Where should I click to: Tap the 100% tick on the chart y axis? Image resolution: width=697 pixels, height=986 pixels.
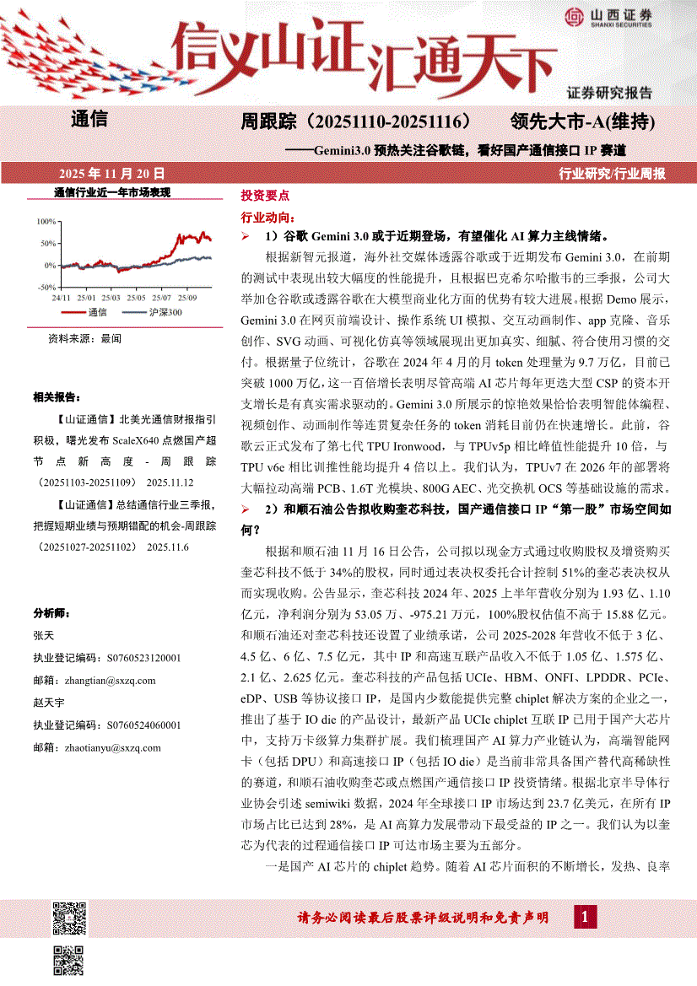(x=46, y=221)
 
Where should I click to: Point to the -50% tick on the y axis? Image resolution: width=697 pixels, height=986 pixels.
(x=45, y=288)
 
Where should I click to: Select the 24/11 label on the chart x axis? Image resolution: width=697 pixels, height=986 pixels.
(x=60, y=298)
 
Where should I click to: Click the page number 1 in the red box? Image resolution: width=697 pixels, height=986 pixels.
(x=586, y=916)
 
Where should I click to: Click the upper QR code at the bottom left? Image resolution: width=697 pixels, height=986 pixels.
(x=69, y=919)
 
